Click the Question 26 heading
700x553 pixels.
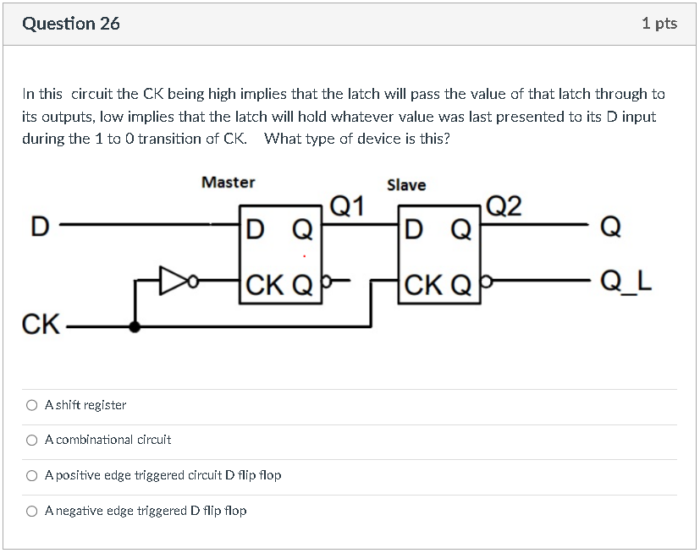pos(71,24)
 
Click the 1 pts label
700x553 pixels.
pos(659,24)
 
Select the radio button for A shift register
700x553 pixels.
pos(31,405)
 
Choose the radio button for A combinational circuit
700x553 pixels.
pos(31,440)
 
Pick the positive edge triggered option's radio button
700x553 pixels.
pos(31,475)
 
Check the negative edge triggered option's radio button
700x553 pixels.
pos(31,511)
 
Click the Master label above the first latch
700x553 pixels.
pos(228,182)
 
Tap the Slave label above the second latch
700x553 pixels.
pos(406,185)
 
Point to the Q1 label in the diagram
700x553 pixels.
pos(347,205)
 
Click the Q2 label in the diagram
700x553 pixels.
pos(505,205)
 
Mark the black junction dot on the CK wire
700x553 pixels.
pos(135,326)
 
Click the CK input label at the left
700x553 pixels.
pos(40,325)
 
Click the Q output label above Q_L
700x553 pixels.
pos(609,226)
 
